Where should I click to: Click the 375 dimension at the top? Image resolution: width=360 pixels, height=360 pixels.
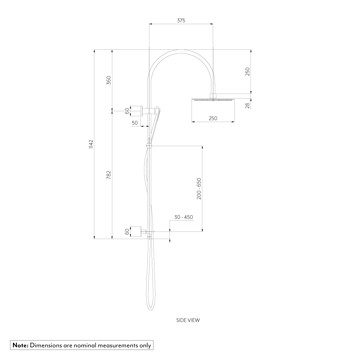pos(181,21)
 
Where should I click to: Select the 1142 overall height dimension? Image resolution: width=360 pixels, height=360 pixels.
pos(91,144)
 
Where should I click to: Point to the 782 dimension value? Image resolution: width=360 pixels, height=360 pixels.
pos(109,175)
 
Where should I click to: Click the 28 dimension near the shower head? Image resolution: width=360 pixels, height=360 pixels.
pos(247,105)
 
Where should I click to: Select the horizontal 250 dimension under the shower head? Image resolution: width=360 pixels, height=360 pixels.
pos(213,118)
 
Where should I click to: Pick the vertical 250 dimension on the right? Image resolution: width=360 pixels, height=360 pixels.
pos(247,72)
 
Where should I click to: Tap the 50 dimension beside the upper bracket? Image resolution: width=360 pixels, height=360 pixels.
pos(135,123)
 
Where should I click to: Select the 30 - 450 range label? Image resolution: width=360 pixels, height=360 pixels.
pos(184,217)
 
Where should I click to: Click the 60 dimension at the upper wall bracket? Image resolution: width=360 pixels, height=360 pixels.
pos(127,111)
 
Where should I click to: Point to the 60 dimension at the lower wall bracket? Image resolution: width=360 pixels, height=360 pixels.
pos(127,231)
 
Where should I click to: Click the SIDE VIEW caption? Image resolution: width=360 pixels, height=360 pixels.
pos(188,320)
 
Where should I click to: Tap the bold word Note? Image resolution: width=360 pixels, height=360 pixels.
pos(21,345)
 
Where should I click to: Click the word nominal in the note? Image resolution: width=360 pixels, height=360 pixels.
pos(86,345)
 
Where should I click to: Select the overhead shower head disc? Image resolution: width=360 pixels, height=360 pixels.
pos(213,99)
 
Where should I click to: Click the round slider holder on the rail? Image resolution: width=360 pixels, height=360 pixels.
pos(149,146)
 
